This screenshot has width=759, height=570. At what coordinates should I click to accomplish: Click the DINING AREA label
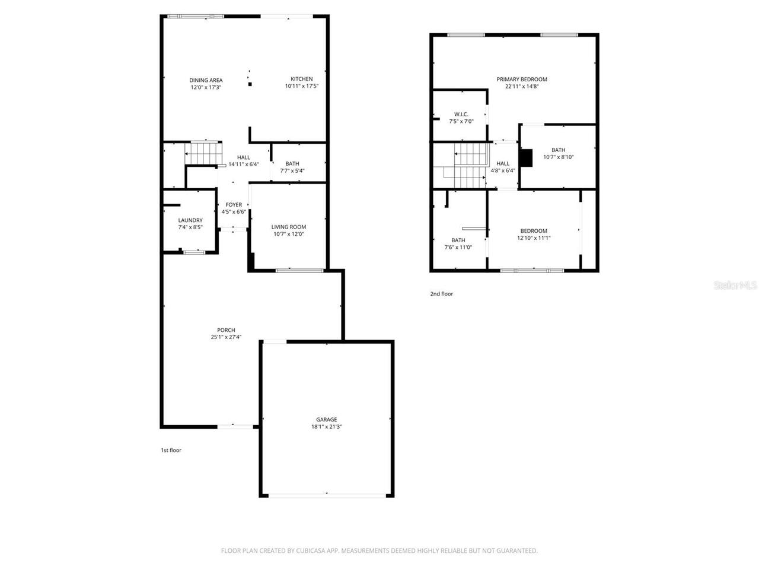206,80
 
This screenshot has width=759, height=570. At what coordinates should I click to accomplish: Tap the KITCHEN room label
301,79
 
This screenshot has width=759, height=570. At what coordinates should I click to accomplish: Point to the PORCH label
226,330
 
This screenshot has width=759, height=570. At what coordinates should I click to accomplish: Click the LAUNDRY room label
190,220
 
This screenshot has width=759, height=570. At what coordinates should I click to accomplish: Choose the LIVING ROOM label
289,227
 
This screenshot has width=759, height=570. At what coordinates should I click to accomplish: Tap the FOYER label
234,205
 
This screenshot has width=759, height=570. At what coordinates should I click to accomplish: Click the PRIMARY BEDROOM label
522,79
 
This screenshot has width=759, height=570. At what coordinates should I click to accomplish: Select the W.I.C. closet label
461,114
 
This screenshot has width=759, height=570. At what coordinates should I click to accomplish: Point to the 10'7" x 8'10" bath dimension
558,157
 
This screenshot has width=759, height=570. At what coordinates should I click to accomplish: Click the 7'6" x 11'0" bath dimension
458,248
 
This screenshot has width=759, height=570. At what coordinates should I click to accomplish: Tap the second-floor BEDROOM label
534,231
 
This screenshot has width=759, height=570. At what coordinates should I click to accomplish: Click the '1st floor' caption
171,450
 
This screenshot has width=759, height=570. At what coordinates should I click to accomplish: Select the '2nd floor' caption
442,293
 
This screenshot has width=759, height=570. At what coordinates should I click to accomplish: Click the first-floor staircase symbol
203,154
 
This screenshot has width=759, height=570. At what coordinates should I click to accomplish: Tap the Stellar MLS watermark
735,286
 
